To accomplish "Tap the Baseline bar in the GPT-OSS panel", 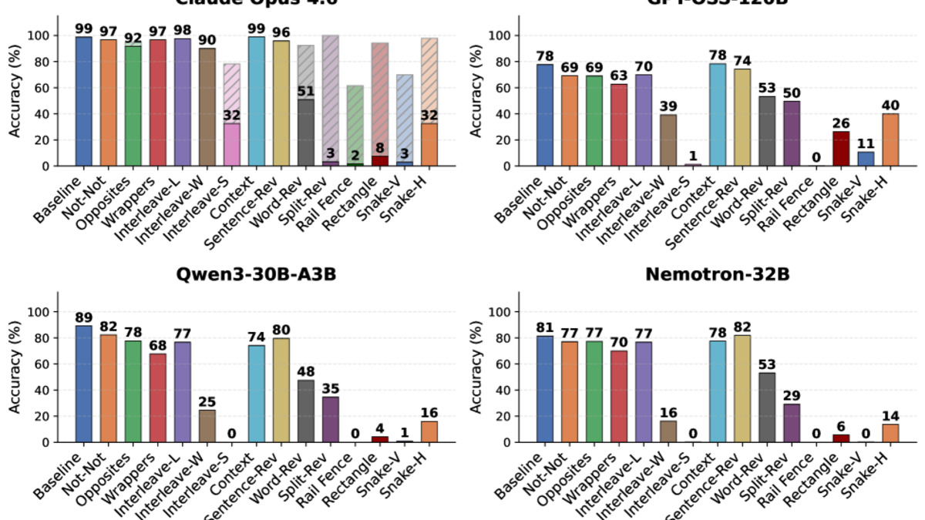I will tap(545, 115).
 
